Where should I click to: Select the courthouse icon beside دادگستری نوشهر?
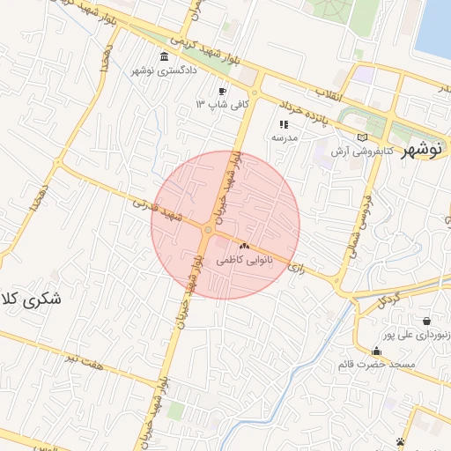pos(166,57)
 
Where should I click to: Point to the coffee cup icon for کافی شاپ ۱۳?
pos(222,92)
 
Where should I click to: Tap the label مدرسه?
pos(285,137)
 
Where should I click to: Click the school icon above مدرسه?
pos(284,124)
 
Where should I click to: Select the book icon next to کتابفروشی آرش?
pos(364,137)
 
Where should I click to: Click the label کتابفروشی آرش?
pos(361,152)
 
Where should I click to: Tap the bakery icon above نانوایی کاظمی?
pos(245,247)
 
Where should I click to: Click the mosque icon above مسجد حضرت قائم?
pos(376,350)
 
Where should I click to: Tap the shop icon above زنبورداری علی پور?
pos(426,321)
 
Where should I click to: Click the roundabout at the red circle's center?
pos(207,230)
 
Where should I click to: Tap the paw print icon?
pos(401,440)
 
